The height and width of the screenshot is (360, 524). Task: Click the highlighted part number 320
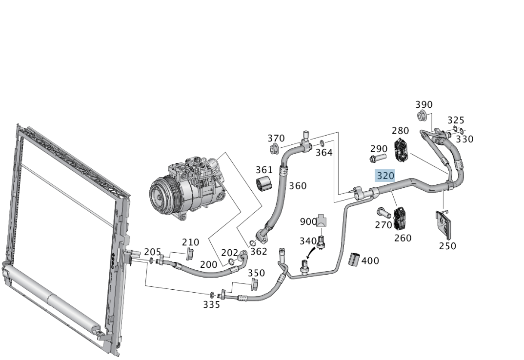pos(385,176)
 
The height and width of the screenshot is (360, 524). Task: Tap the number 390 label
pos(424,104)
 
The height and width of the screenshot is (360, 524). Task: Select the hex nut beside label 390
pos(422,116)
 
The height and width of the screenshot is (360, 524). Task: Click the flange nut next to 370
pos(274,148)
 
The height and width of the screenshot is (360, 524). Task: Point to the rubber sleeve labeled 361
pos(263,183)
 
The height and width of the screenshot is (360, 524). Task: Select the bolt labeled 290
pos(378,158)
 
